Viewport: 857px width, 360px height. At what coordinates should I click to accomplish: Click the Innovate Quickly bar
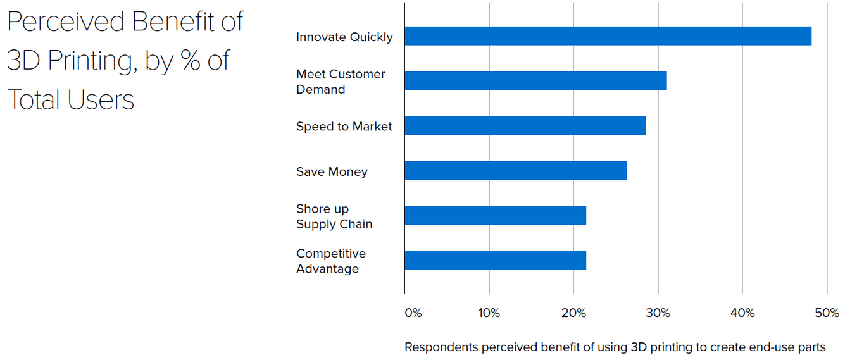[608, 36]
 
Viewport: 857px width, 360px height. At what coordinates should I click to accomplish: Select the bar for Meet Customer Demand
[535, 80]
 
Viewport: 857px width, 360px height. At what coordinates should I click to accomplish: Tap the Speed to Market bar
[525, 125]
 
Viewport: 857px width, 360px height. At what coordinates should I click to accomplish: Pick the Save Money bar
[515, 171]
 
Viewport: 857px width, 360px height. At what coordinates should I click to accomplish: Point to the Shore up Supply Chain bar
[495, 215]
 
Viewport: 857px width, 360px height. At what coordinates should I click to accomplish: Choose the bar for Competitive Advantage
[495, 260]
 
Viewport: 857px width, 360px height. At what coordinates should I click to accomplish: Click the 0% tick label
[413, 313]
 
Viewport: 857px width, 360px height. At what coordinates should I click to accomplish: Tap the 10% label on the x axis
[489, 313]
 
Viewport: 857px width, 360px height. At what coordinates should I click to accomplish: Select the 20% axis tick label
[573, 313]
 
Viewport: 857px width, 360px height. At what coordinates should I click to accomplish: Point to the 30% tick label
[658, 313]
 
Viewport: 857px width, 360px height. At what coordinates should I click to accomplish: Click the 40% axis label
[742, 313]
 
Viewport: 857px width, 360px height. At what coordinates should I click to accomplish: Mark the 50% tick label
[827, 313]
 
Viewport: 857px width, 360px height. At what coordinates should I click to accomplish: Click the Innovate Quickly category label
[344, 37]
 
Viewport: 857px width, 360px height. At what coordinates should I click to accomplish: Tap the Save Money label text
[332, 172]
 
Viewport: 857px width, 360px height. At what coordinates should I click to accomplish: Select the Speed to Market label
[344, 127]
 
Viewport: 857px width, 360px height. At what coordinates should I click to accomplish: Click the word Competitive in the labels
[331, 254]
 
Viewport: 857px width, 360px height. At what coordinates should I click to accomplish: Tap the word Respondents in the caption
[441, 347]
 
